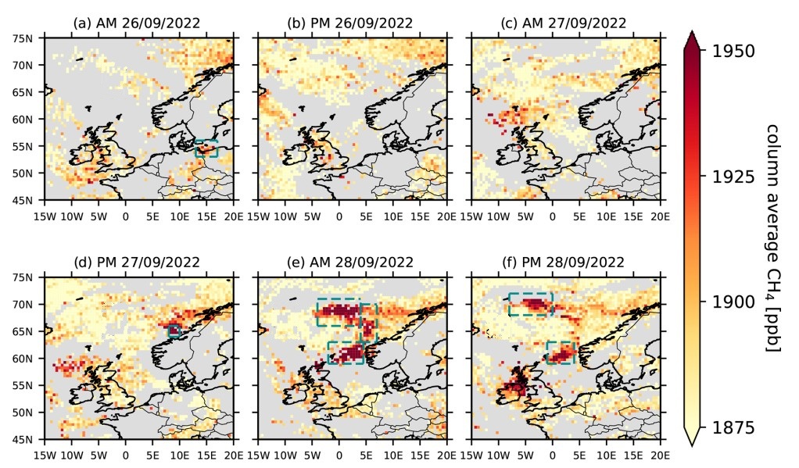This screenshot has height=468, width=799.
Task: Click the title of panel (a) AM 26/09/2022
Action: point(137,23)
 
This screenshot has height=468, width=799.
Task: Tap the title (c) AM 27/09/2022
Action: point(564,23)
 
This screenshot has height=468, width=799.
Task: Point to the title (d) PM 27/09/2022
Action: point(137,263)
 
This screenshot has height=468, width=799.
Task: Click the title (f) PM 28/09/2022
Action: point(564,263)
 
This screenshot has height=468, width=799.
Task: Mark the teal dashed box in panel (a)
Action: point(206,148)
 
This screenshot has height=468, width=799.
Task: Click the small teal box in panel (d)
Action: point(174,331)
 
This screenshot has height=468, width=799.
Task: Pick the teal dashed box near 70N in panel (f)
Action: point(530,304)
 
